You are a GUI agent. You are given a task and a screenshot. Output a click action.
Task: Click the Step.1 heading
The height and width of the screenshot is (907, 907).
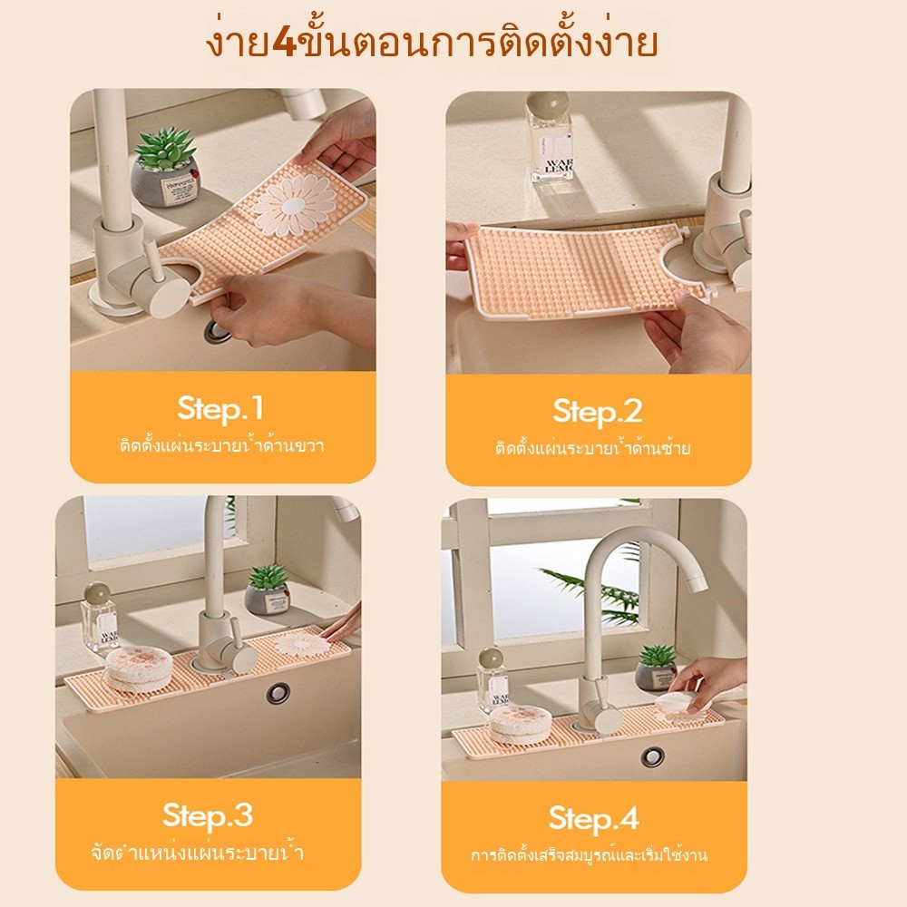point(220,408)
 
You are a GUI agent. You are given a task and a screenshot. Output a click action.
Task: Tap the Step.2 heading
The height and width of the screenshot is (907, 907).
point(598,411)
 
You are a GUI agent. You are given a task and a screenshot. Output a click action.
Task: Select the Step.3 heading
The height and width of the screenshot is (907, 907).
point(208,815)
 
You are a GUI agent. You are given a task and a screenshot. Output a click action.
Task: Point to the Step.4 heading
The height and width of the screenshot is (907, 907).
point(593,818)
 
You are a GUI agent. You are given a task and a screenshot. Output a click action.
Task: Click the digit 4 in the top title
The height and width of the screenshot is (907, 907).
point(283,43)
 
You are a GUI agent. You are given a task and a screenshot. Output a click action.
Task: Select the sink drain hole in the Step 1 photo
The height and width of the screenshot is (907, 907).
point(215,331)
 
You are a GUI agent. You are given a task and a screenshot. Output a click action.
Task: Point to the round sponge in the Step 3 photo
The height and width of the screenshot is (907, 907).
point(139,669)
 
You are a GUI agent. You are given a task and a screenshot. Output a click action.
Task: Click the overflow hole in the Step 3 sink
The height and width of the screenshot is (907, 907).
point(278,693)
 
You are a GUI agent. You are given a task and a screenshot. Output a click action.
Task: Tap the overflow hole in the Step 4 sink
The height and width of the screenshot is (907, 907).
point(653,756)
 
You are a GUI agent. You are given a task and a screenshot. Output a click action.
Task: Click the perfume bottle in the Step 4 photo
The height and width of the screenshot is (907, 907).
point(493,681)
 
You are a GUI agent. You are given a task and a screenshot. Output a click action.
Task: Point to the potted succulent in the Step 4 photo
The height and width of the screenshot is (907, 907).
point(657,668)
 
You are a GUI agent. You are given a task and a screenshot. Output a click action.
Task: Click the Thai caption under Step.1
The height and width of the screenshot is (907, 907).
point(221,446)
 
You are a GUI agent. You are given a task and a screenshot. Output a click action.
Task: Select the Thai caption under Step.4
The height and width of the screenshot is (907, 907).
point(589,855)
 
